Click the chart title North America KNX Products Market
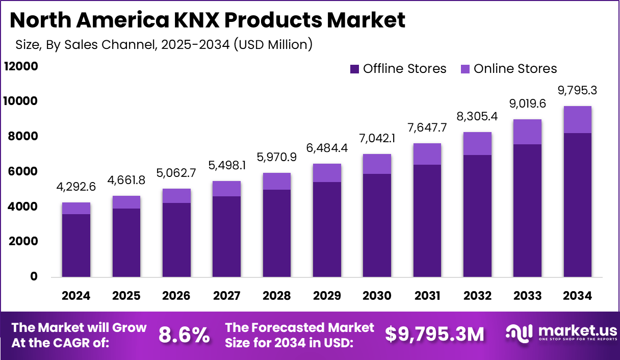(x=207, y=20)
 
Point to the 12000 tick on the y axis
(x=21, y=66)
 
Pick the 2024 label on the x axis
(x=76, y=296)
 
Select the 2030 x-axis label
(x=377, y=296)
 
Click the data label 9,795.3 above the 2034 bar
(x=577, y=91)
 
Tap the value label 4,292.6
(x=76, y=187)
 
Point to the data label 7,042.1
(x=377, y=139)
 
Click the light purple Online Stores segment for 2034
(x=577, y=119)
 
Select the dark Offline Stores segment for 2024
(x=76, y=245)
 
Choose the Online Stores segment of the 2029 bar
(x=327, y=173)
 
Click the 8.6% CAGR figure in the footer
(x=184, y=335)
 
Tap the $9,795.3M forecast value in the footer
(x=434, y=335)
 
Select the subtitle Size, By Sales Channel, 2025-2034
(x=164, y=44)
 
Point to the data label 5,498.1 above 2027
(x=226, y=166)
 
